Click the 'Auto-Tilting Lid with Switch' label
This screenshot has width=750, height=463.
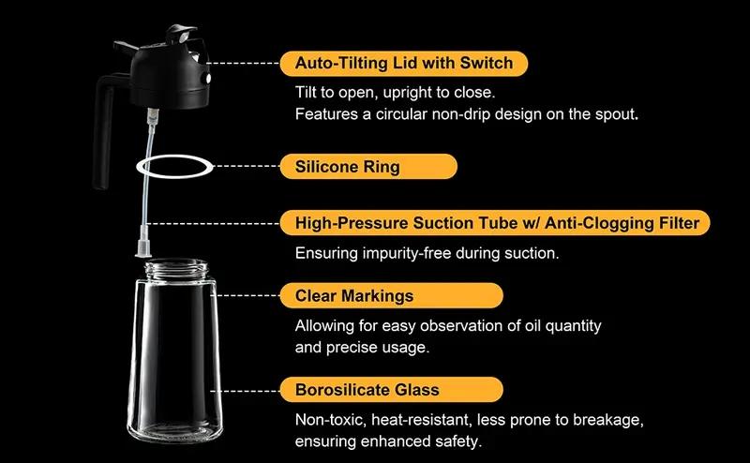tap(404, 63)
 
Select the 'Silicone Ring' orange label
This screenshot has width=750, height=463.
tap(368, 167)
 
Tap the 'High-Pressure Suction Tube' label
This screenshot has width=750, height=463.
tap(495, 223)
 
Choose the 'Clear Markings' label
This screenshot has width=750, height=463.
tap(391, 295)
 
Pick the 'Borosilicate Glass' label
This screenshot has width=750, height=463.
tap(391, 390)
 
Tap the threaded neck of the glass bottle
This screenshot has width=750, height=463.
tap(176, 269)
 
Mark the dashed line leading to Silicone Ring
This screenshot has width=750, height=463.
tap(246, 167)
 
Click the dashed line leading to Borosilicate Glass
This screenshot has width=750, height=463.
tap(245, 391)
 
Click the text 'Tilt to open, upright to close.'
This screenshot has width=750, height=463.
tap(395, 92)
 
